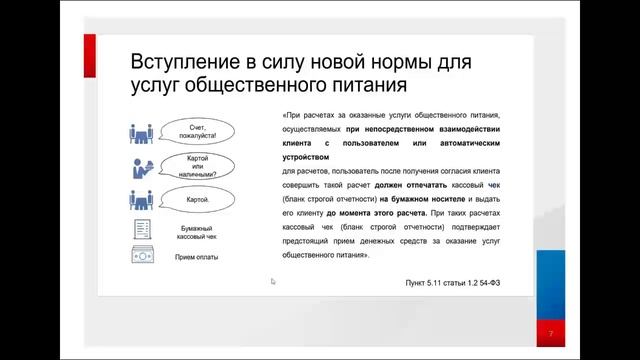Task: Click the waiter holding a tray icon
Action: coord(140,166)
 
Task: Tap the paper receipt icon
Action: coord(141,228)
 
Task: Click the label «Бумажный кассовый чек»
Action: coord(191,234)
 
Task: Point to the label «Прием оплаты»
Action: coord(196,257)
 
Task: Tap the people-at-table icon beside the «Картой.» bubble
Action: coord(141,199)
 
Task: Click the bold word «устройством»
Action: coord(306,157)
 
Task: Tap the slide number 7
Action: coord(550,332)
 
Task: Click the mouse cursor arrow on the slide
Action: coord(273,282)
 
